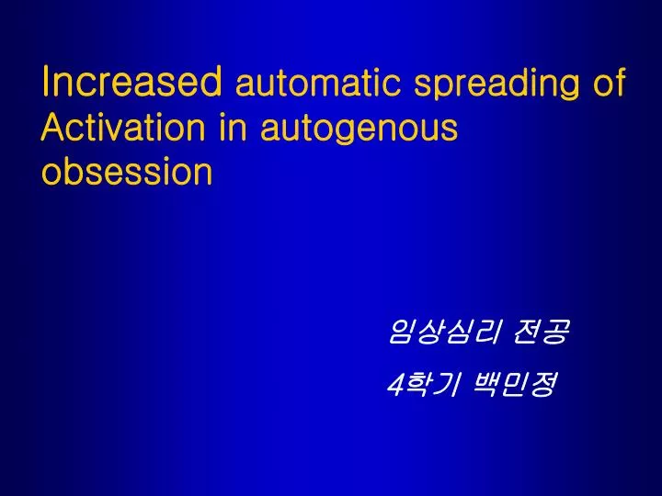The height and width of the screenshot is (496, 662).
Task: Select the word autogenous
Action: pos(359,130)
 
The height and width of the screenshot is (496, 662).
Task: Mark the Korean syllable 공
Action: pos(554,333)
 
